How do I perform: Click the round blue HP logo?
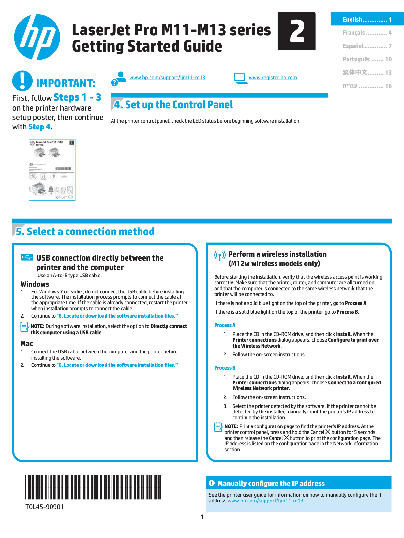click(37, 37)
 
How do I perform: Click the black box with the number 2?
click(296, 31)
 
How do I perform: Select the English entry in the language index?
click(367, 20)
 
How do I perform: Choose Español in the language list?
click(367, 46)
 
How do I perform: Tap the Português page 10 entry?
click(367, 59)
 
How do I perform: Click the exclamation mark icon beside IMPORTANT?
click(22, 81)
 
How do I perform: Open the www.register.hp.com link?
click(273, 78)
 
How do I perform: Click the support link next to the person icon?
click(167, 78)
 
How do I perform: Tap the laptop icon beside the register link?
click(240, 79)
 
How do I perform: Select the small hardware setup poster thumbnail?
click(52, 170)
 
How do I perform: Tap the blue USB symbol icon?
click(27, 257)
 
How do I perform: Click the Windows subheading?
click(35, 284)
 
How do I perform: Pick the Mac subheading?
click(27, 343)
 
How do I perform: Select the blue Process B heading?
click(225, 368)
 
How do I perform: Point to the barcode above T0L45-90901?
click(93, 487)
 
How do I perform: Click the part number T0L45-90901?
click(45, 507)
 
